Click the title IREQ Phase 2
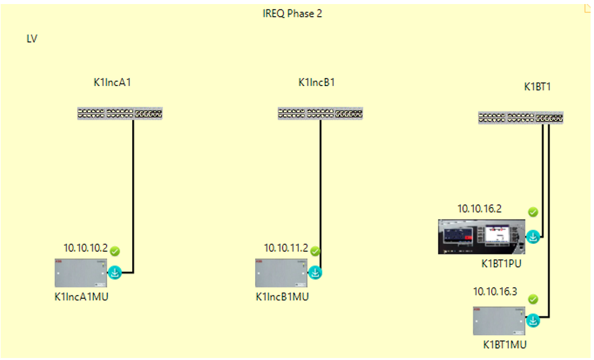point(292,13)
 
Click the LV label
point(32,38)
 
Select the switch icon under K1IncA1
point(119,114)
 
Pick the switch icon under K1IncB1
point(320,114)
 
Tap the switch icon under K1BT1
point(521,118)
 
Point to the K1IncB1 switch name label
point(317,83)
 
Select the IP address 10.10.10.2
point(85,248)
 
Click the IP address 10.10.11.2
point(286,248)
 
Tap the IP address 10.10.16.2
point(479,209)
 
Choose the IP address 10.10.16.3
point(495,291)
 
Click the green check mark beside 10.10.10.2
point(115,251)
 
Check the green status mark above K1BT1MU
point(533,299)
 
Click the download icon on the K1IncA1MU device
point(114,273)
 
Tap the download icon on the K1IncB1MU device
point(315,273)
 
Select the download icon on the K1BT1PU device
point(532,236)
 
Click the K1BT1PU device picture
point(480,236)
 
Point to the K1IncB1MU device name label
point(283,296)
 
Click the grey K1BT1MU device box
point(497,321)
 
